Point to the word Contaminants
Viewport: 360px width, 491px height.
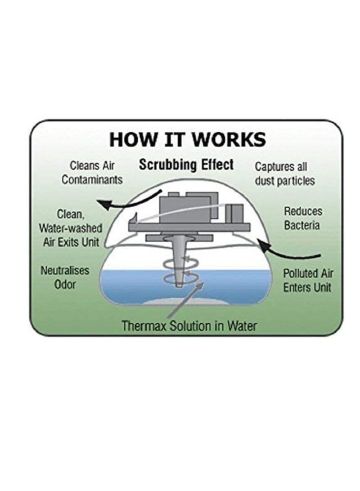(x=92, y=180)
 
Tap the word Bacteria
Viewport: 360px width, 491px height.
(x=301, y=225)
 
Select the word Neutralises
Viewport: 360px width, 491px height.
(x=65, y=271)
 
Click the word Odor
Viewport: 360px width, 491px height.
(x=65, y=285)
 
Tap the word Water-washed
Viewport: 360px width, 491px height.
(x=71, y=228)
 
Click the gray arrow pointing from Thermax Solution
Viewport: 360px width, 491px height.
(x=186, y=299)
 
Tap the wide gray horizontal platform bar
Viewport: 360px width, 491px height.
(x=190, y=227)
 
